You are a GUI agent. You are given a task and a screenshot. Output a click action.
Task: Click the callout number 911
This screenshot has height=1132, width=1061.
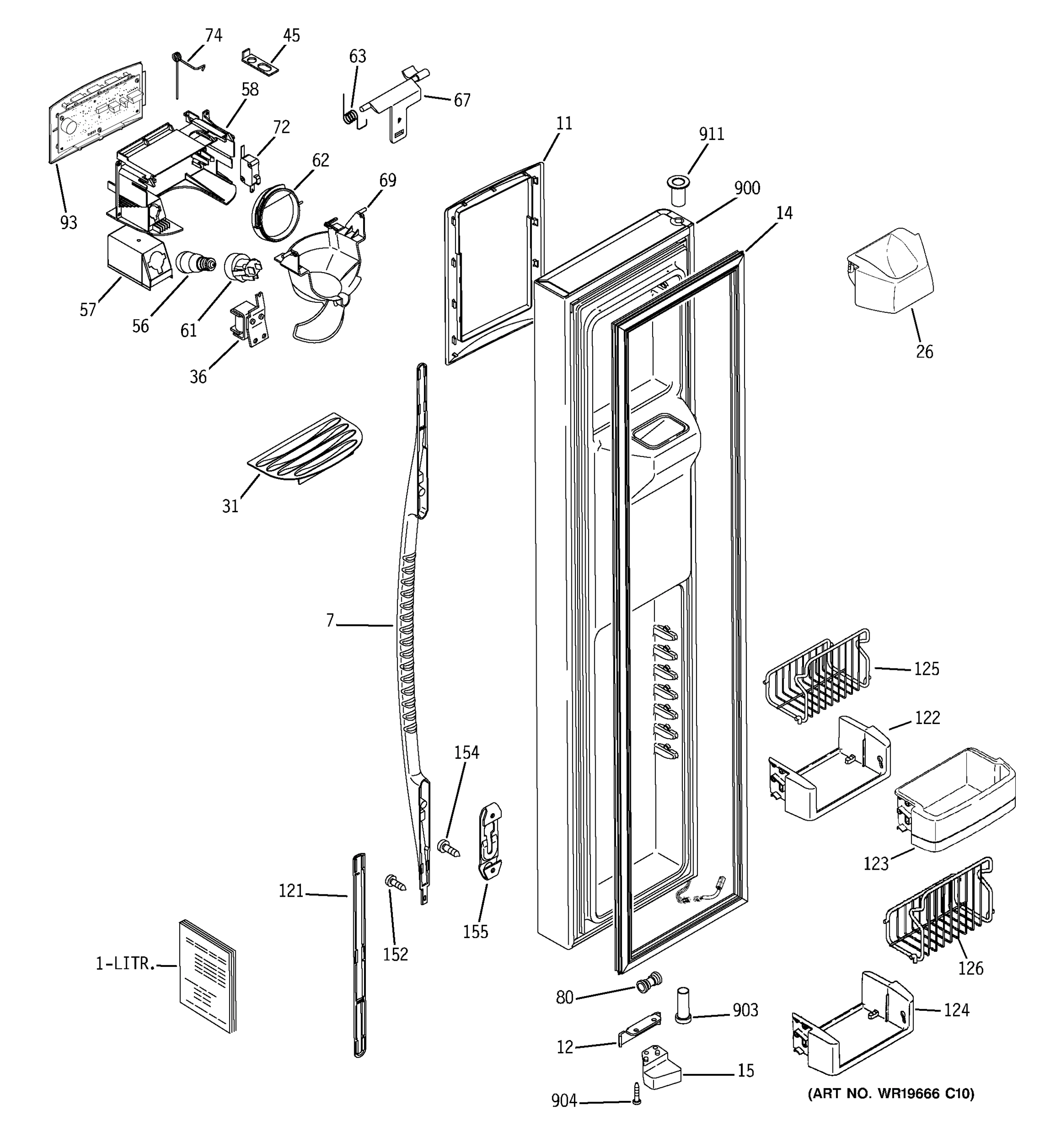click(x=712, y=134)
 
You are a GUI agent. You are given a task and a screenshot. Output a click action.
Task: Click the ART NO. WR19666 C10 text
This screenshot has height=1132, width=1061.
click(x=890, y=1093)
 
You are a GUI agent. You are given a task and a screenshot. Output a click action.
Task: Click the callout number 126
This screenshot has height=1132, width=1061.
click(x=970, y=968)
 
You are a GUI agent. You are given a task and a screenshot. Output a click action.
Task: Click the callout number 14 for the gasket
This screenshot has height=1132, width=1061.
click(x=784, y=214)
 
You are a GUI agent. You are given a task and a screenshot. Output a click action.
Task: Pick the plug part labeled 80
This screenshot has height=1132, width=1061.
click(x=649, y=983)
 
